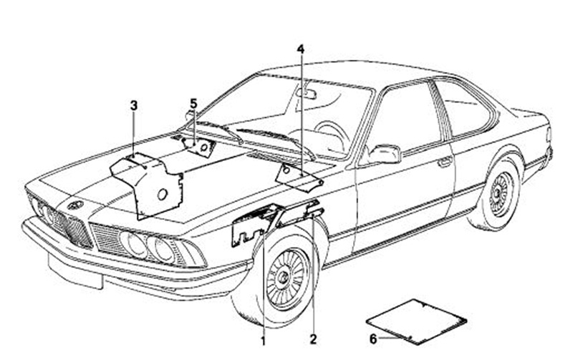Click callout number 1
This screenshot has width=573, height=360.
[x=263, y=341]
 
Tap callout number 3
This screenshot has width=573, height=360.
[x=134, y=106]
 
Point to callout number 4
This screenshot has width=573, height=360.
[x=301, y=49]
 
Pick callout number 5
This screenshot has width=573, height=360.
[x=193, y=104]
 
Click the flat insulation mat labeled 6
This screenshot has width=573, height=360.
[x=416, y=320]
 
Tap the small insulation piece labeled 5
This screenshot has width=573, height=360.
[x=199, y=145]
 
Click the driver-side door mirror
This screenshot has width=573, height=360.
[x=384, y=153]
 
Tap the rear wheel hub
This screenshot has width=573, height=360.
[x=501, y=193]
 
